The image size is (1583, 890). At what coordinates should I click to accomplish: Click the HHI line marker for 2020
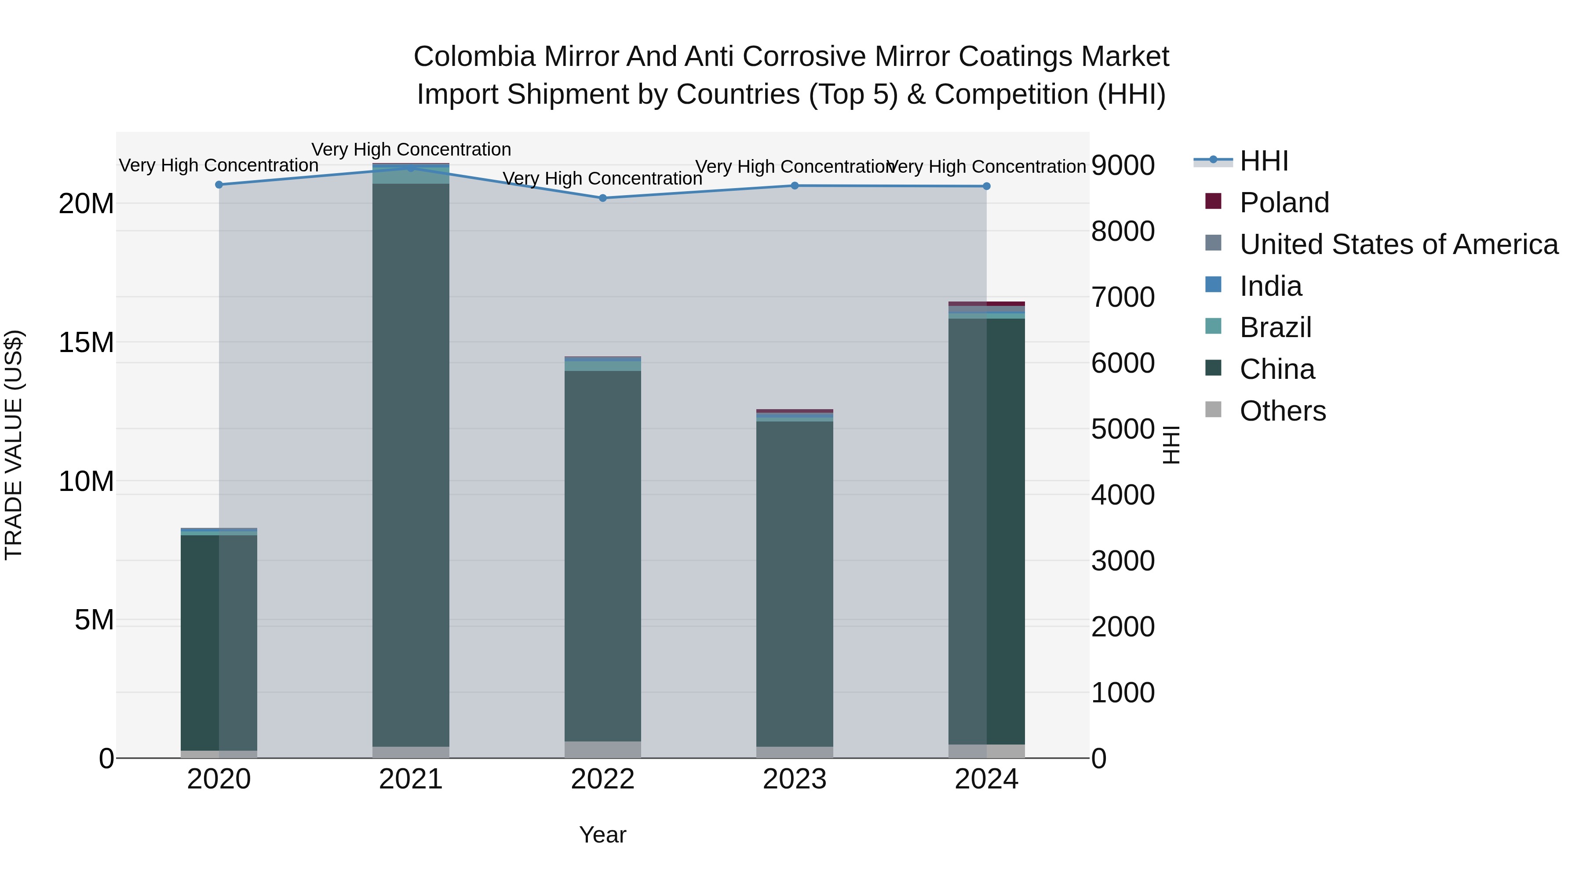pos(219,184)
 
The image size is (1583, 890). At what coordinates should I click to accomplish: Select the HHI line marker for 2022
pos(603,198)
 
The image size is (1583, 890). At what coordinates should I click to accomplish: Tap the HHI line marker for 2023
pos(795,185)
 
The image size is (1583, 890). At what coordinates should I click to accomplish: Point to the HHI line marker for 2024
pos(986,186)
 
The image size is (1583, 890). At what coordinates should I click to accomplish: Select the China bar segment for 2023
pos(795,584)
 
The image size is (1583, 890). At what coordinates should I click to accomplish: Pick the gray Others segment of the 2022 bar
pos(603,749)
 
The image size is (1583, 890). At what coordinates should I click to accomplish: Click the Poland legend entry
pos(1284,203)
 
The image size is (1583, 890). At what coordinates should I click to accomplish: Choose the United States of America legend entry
pos(1398,244)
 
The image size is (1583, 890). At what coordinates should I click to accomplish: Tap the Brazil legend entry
pos(1275,327)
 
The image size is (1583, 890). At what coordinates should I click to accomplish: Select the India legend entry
pos(1270,286)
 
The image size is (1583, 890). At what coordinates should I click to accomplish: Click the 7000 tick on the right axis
pos(1123,297)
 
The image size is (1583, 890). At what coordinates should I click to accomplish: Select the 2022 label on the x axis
pos(603,779)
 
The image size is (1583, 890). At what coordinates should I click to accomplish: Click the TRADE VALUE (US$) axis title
pos(14,445)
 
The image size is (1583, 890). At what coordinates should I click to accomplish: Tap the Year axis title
pos(603,835)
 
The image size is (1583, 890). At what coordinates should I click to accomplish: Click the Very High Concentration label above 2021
pos(411,149)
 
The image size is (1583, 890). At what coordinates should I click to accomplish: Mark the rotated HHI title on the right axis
pos(1171,445)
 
